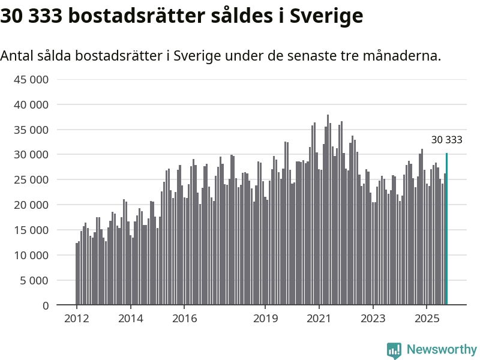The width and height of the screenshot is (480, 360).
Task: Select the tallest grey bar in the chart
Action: pos(328,210)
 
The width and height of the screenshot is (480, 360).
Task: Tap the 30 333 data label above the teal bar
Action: pos(447,140)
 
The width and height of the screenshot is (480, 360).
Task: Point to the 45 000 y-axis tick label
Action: pos(32,79)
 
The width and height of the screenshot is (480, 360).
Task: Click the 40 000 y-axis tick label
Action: pos(32,104)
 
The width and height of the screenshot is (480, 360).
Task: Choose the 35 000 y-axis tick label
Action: pos(32,130)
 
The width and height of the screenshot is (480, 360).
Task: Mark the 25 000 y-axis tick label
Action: pos(32,180)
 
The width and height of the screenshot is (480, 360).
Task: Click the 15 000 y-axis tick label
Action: pos(32,230)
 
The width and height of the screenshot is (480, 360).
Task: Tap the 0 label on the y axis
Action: pos(45,305)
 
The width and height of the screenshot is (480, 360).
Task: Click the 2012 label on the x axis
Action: pos(77,318)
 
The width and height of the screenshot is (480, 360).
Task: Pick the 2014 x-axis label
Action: pos(131,318)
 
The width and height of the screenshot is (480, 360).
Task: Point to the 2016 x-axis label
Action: pos(184,318)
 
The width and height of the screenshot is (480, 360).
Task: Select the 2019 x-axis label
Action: pos(265,318)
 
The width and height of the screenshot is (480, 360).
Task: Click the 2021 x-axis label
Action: pos(319,318)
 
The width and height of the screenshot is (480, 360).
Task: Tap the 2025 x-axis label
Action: pos(426,318)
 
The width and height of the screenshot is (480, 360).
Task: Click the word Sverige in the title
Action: pos(326,16)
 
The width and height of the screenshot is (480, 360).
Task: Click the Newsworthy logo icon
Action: pos(394,350)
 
